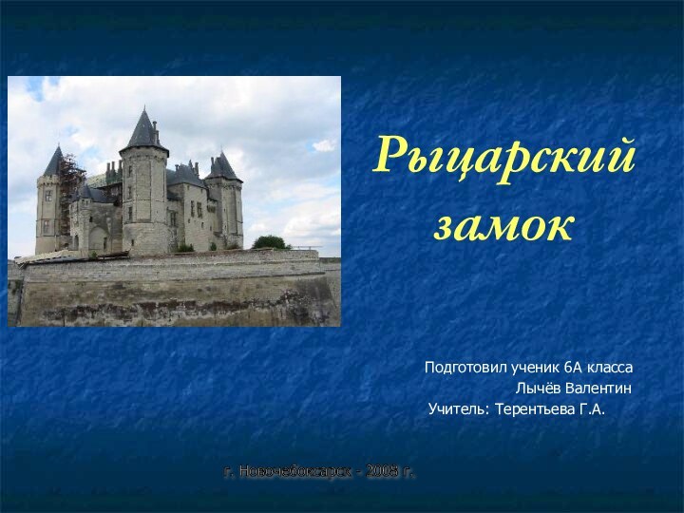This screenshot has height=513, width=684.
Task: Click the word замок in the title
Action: tap(504, 226)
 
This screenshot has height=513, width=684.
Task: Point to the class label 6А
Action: tap(574, 367)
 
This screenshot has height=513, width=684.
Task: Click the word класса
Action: tap(611, 367)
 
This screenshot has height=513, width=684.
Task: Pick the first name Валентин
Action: tap(599, 389)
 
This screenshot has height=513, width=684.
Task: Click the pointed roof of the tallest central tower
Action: tap(143, 130)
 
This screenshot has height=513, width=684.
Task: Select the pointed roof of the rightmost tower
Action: tap(225, 167)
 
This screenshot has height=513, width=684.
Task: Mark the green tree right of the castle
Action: tap(270, 242)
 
